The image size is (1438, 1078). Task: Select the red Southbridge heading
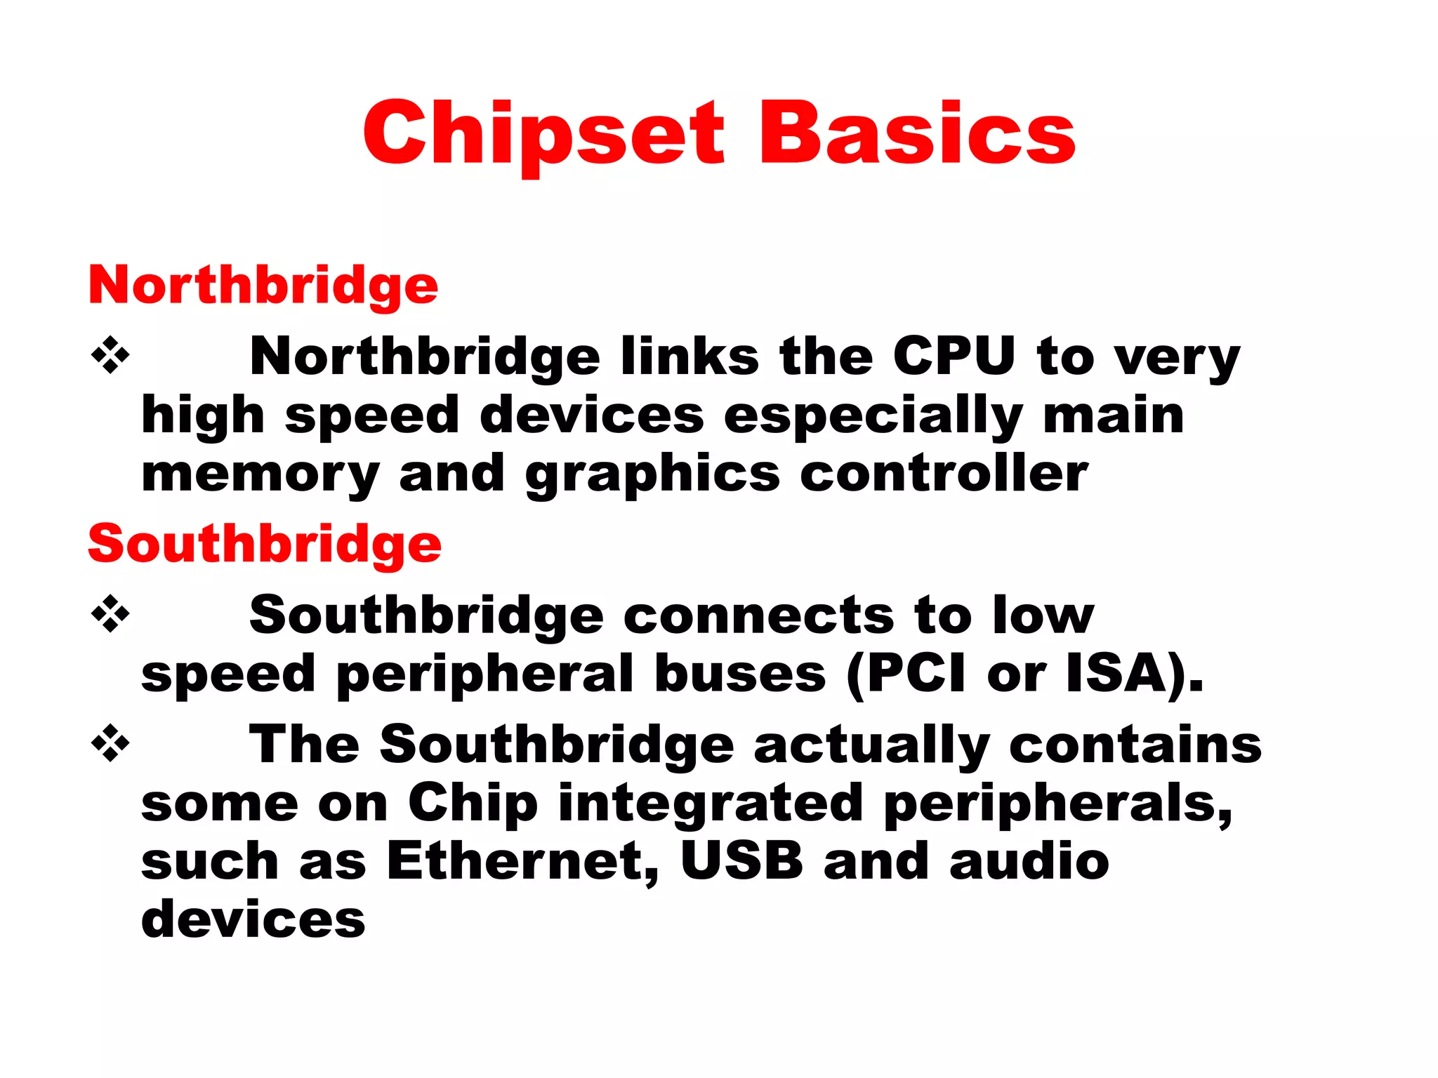click(265, 544)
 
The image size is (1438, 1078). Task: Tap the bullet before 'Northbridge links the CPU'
click(110, 356)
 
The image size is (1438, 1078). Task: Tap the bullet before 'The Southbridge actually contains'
click(110, 743)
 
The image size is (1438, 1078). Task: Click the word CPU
click(954, 356)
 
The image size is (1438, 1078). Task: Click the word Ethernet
click(523, 861)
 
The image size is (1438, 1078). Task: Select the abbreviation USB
click(741, 861)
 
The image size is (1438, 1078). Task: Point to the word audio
click(1029, 861)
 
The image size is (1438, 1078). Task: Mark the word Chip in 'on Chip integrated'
click(473, 803)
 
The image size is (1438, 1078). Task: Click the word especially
click(873, 416)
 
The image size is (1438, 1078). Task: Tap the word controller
click(944, 474)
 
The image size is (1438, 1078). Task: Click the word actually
click(871, 745)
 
